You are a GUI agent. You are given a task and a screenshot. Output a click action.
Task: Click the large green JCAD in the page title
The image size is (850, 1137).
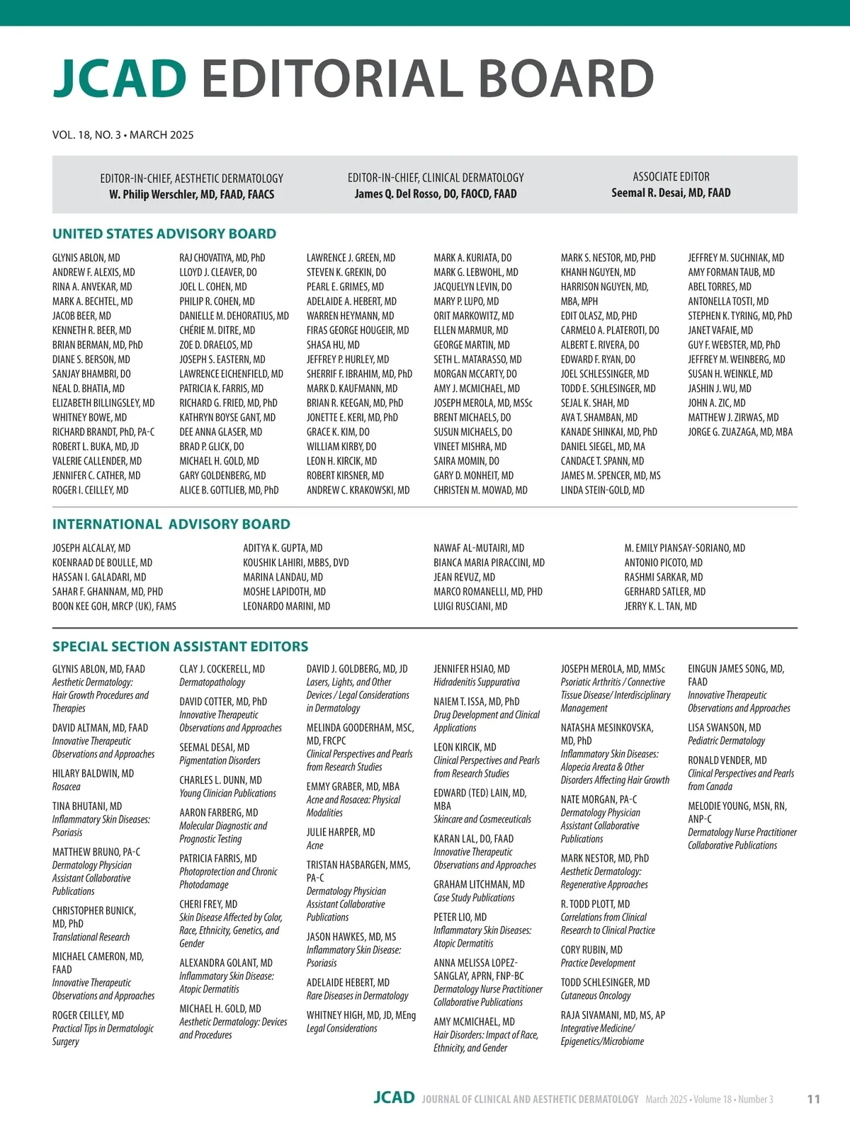click(x=120, y=79)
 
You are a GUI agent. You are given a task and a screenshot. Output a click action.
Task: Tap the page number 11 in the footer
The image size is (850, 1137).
click(x=813, y=1099)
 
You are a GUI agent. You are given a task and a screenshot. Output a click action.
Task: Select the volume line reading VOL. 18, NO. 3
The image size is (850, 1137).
click(x=123, y=135)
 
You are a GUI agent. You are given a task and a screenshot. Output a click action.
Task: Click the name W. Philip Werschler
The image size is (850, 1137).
click(x=191, y=194)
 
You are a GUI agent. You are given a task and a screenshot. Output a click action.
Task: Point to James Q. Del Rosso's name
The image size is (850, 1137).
click(x=436, y=193)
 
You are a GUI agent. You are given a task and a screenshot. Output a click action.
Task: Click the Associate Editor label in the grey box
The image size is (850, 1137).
click(x=671, y=176)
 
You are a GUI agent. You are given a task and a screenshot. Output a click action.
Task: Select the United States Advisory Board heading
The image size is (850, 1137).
click(x=164, y=234)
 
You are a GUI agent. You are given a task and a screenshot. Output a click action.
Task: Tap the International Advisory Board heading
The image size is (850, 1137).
click(x=171, y=524)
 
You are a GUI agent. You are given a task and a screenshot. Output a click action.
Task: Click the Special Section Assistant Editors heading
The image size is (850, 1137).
click(x=180, y=646)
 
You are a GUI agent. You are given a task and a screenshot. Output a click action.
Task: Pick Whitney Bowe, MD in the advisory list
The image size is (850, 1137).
click(x=89, y=417)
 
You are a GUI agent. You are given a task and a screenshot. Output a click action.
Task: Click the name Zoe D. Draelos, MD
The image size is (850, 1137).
click(x=215, y=345)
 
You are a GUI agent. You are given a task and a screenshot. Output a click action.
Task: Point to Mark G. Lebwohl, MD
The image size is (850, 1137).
click(x=475, y=272)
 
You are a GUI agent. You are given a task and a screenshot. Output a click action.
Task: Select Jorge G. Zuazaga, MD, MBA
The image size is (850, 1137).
click(x=740, y=432)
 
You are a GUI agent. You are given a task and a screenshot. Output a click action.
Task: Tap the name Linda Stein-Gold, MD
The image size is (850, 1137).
click(x=602, y=490)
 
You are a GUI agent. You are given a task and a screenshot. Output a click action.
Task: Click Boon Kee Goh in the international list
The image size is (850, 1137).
click(x=114, y=606)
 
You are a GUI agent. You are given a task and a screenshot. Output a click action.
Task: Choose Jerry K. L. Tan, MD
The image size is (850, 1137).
click(x=660, y=606)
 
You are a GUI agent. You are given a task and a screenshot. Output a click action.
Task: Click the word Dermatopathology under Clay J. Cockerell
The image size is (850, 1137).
click(x=212, y=682)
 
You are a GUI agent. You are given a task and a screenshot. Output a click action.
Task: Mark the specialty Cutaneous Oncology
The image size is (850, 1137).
click(x=595, y=995)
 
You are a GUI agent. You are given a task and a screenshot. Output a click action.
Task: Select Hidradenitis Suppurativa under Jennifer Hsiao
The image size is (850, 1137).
click(x=476, y=682)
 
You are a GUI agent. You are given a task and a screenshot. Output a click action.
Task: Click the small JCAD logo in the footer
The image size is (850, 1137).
click(x=394, y=1098)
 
